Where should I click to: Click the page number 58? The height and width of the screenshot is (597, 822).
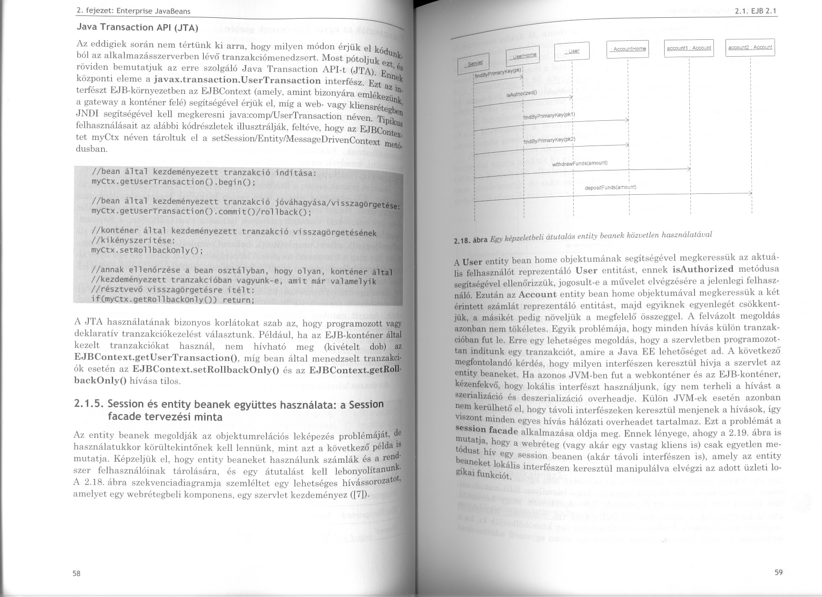pos(76,574)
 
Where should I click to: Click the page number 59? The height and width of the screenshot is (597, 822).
pos(778,572)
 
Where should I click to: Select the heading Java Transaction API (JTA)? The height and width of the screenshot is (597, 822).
pos(138,28)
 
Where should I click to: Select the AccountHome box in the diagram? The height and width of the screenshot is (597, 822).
pos(627,49)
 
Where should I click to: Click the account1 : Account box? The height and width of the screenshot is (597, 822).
pos(689,48)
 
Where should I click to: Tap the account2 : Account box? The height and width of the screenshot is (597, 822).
pos(750,47)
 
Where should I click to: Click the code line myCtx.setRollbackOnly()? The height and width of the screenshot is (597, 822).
pos(147,250)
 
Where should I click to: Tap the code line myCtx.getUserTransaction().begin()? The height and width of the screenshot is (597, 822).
pos(173,182)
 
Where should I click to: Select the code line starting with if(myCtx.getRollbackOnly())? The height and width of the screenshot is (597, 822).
pos(172,300)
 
